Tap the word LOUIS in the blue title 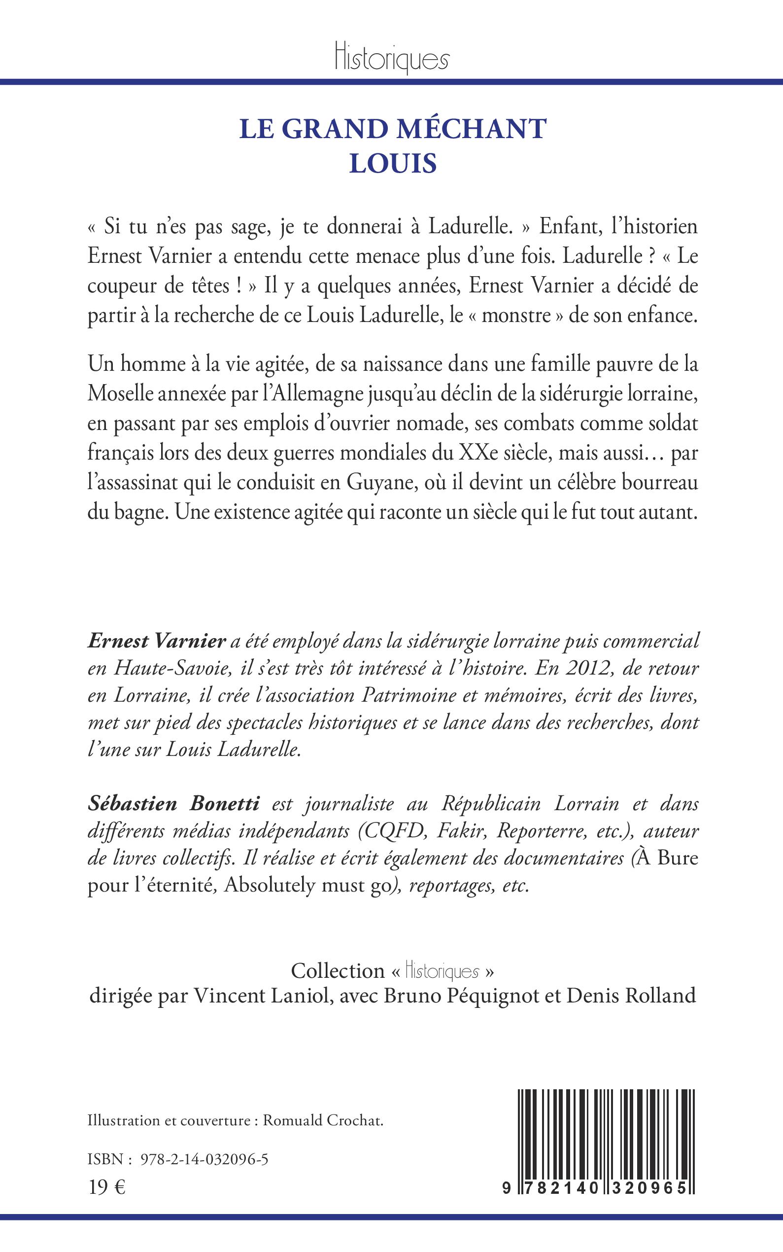click(393, 163)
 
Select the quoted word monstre click(516, 316)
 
